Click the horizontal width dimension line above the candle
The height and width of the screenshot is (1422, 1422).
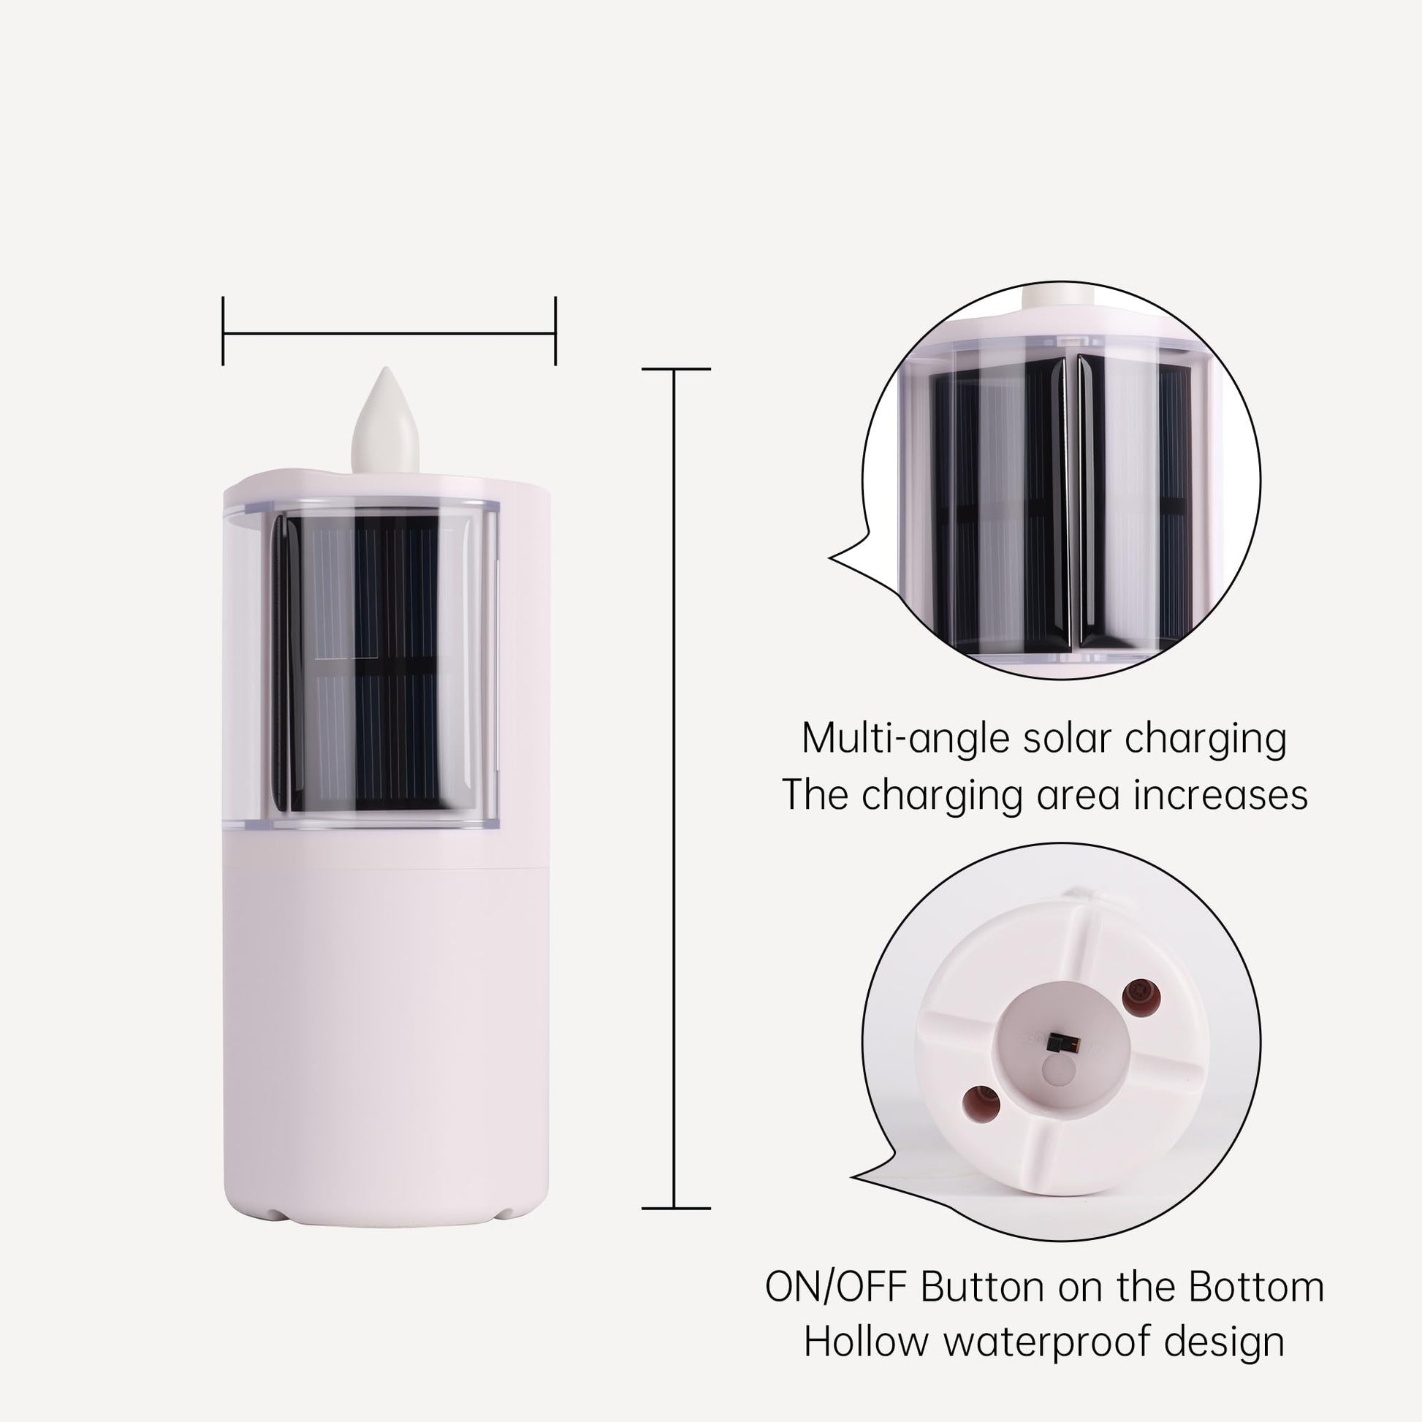389,332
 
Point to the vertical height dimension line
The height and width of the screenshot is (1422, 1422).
675,788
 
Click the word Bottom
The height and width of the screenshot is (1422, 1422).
1255,1288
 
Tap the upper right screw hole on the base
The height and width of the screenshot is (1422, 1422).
1141,997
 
